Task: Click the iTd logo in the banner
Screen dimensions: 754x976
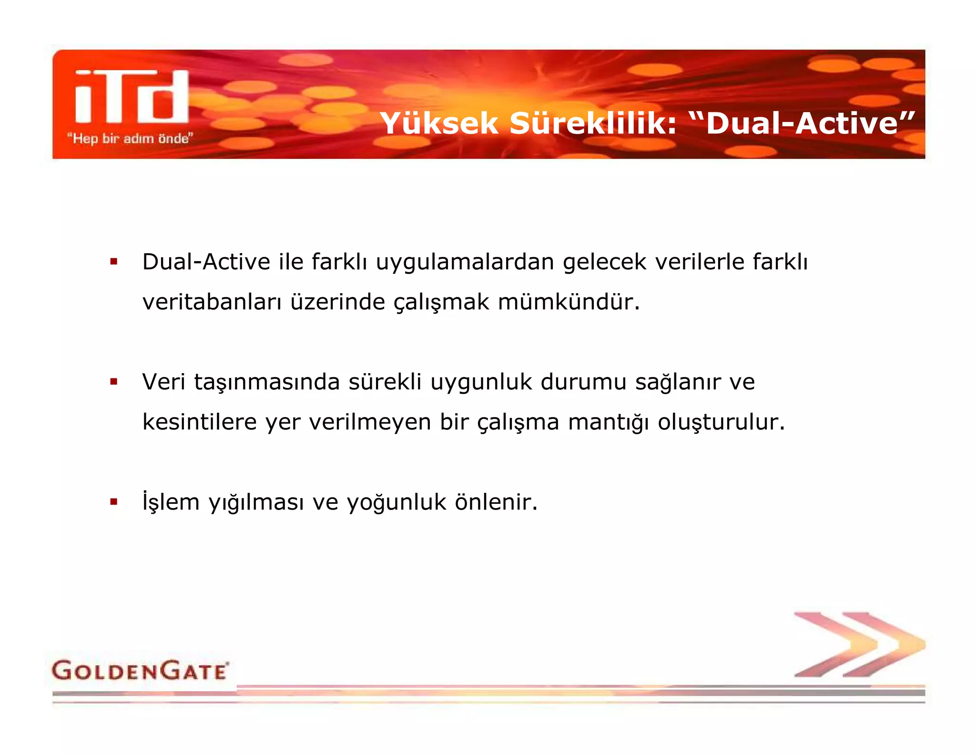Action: coord(132,97)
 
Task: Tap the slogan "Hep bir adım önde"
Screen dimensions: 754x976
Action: coord(130,139)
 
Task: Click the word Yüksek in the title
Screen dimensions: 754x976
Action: coord(439,123)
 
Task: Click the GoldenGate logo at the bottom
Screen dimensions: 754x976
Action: coord(140,671)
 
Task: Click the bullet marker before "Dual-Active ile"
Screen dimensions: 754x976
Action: coord(113,261)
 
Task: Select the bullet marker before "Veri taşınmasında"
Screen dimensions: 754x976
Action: coord(113,381)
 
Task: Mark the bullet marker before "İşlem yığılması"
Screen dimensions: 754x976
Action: coord(113,501)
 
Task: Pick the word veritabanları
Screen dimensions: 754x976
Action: coord(212,302)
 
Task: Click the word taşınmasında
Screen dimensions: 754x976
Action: coord(267,383)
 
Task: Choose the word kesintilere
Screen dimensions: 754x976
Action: coord(200,422)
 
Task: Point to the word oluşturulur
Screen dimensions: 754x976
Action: coord(721,422)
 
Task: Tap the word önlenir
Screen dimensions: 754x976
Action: coord(496,502)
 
